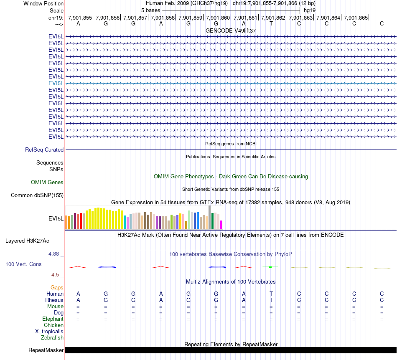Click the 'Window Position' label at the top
tap(43, 3)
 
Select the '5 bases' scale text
tap(150, 10)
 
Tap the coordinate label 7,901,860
tap(218, 18)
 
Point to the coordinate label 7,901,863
tap(301, 18)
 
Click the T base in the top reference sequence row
tap(271, 24)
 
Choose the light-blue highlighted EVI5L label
tap(56, 83)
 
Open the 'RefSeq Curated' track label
tap(44, 150)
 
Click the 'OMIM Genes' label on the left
tap(47, 182)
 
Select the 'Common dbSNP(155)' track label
tap(37, 195)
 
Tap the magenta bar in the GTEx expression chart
tap(221, 225)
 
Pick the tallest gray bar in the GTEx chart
tap(210, 217)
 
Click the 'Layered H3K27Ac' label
tap(27, 241)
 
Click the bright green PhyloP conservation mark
tap(271, 266)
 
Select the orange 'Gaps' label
tap(57, 287)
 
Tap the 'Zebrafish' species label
tap(52, 337)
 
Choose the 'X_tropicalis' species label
tap(49, 331)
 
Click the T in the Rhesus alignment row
tap(271, 300)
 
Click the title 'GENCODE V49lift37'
tap(231, 30)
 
